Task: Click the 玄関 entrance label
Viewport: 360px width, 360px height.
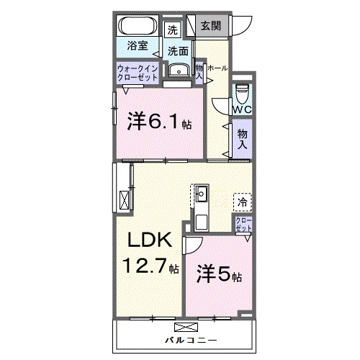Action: tap(211, 26)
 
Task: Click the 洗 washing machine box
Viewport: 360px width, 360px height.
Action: tap(172, 30)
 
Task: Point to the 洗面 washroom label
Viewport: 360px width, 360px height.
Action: tap(178, 51)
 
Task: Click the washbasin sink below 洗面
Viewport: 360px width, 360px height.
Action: tap(177, 70)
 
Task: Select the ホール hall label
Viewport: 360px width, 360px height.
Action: tap(218, 68)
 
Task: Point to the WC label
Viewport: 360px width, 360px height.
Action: tap(241, 110)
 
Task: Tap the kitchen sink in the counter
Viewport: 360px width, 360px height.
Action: tap(201, 193)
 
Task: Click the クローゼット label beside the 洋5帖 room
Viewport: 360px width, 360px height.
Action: tap(243, 223)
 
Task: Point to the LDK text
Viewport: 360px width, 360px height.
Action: tap(150, 240)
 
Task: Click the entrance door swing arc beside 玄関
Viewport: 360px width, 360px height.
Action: tap(240, 26)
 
